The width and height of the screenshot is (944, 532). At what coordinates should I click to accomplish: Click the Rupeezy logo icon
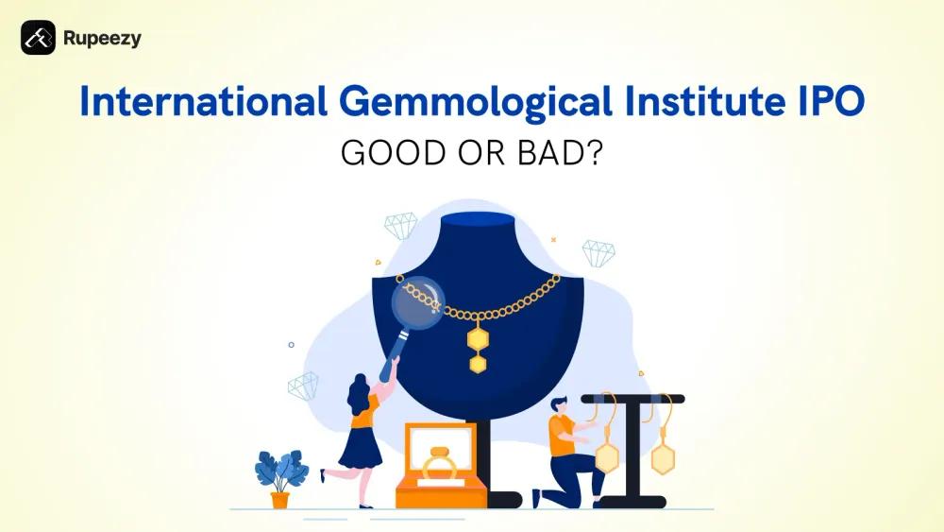click(x=38, y=38)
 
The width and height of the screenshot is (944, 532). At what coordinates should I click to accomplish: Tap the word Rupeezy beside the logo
click(x=102, y=39)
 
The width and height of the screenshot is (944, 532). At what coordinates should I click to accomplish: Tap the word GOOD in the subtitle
click(x=387, y=152)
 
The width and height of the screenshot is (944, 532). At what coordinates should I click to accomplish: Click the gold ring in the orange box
click(x=439, y=467)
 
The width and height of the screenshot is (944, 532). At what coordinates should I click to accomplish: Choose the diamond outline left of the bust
click(x=400, y=226)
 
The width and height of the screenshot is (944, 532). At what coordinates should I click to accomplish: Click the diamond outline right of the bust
click(x=598, y=252)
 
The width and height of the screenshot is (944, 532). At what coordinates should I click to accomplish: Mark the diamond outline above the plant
click(x=303, y=386)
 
